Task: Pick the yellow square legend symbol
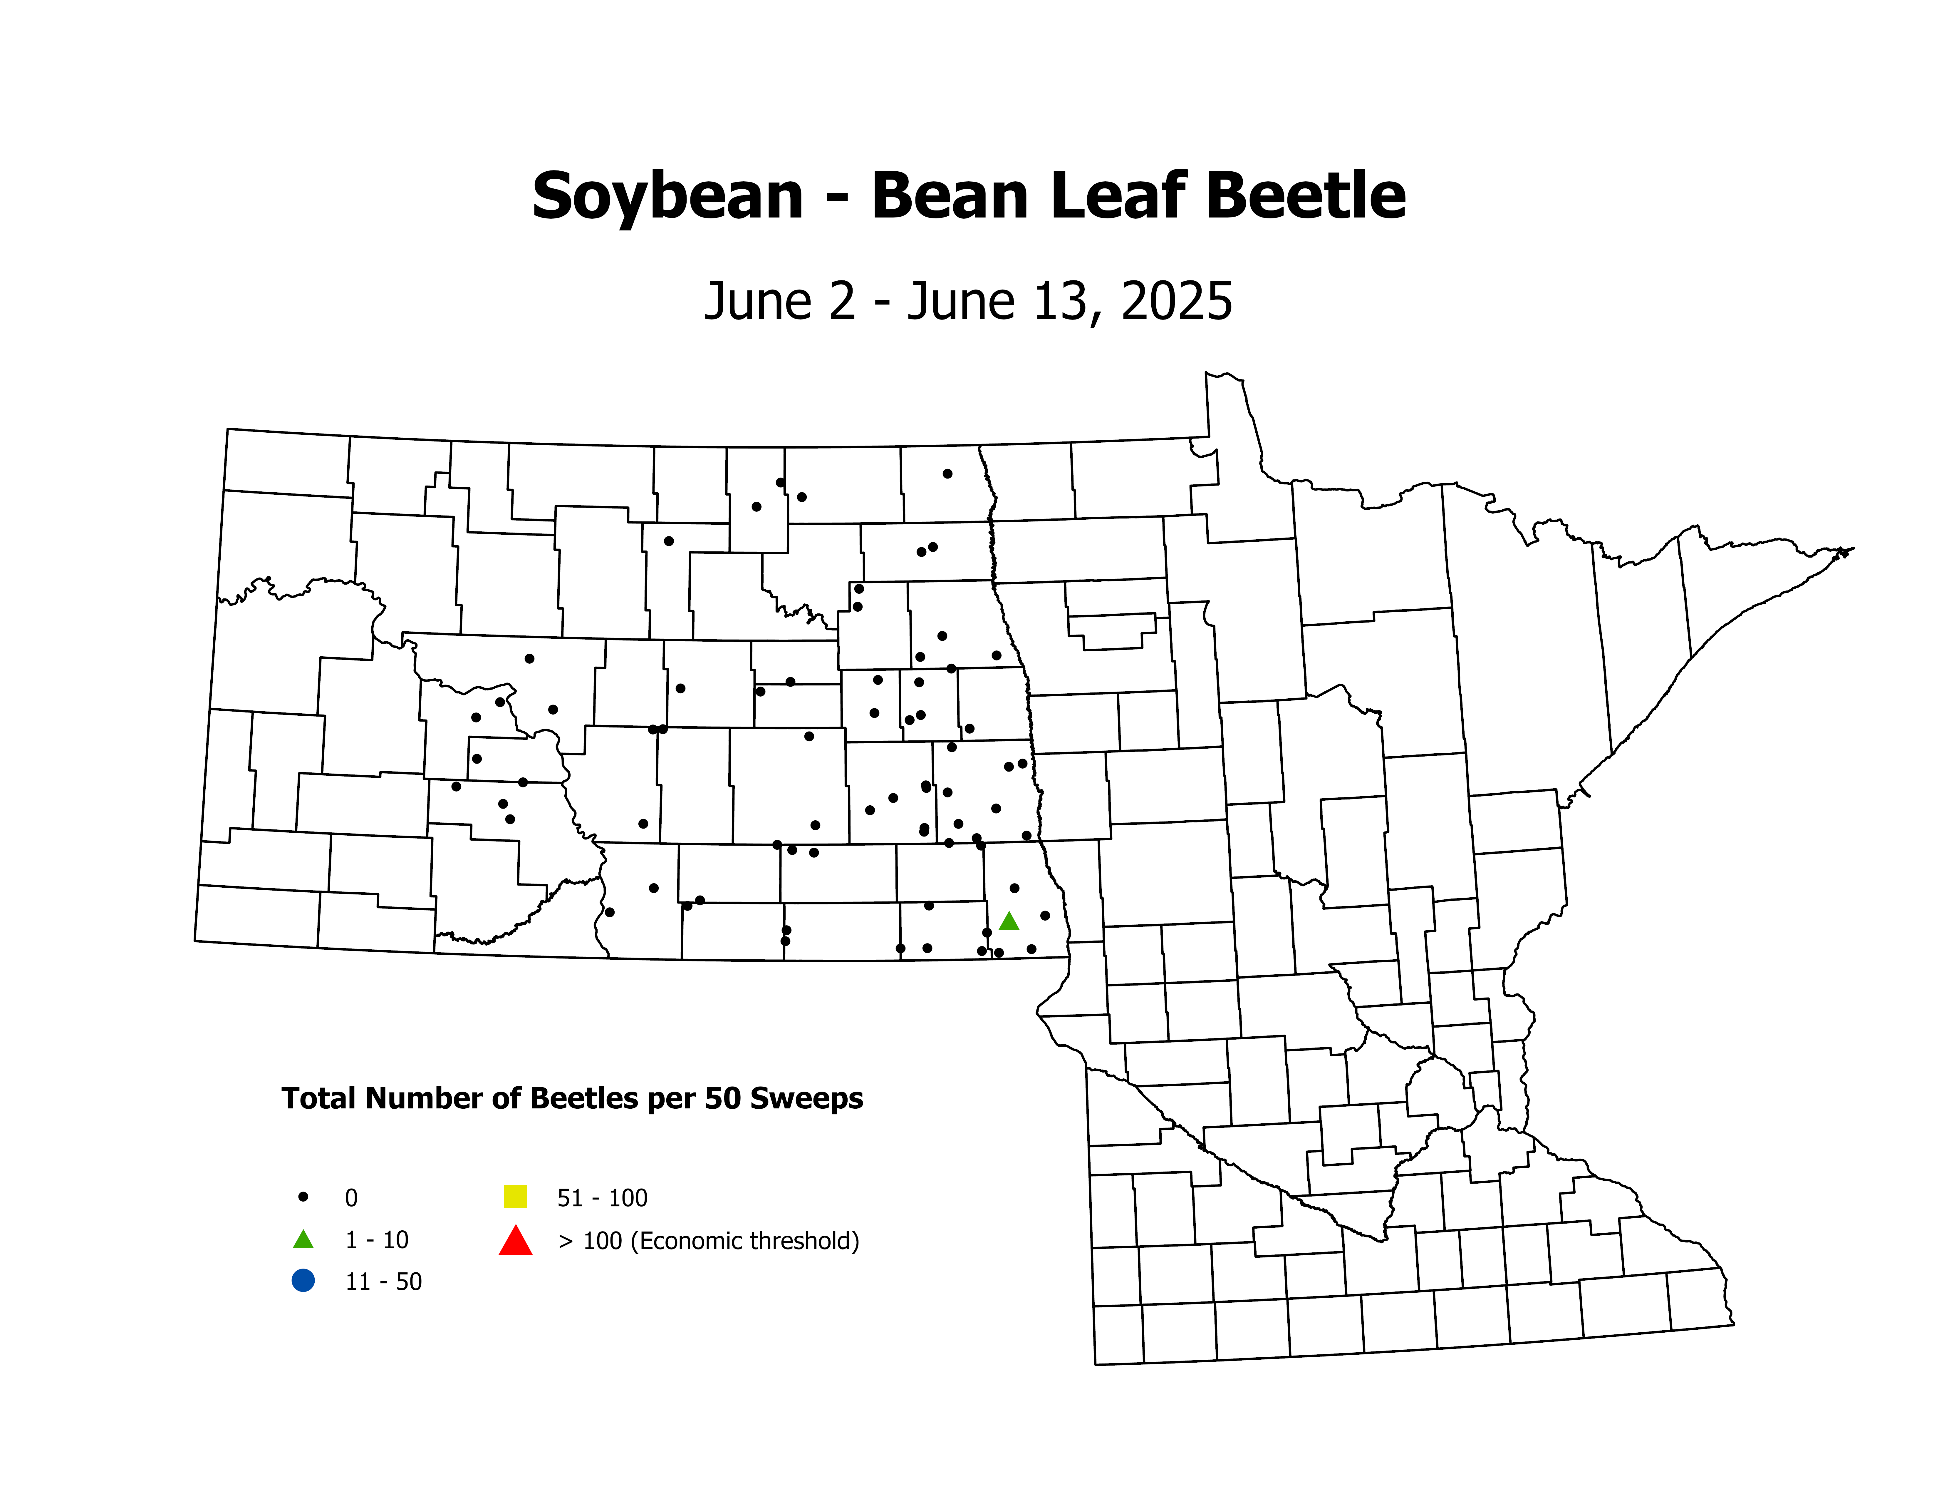click(515, 1197)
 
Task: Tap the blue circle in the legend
click(303, 1281)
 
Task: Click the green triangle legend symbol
click(303, 1239)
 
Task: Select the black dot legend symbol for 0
click(303, 1197)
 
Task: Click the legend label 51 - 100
click(602, 1198)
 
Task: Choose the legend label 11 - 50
click(383, 1281)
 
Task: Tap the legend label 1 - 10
click(376, 1240)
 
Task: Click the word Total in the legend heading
click(320, 1098)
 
